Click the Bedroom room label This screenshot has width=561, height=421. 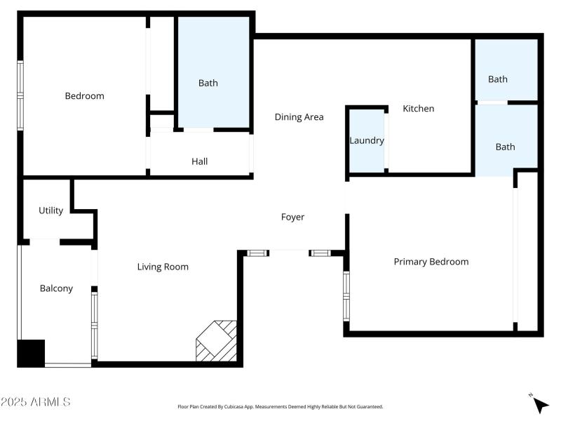(x=84, y=96)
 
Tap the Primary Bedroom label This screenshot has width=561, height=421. (x=431, y=262)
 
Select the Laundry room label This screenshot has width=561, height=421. (x=367, y=140)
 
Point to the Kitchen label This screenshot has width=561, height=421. (x=418, y=109)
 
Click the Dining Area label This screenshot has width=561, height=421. (x=299, y=117)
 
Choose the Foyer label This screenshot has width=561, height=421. (x=292, y=218)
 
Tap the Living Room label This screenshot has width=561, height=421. (x=163, y=267)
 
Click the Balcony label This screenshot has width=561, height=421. (x=56, y=288)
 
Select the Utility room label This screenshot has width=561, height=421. (x=50, y=210)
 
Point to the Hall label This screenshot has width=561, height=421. (x=199, y=161)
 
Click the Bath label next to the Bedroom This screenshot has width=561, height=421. (x=208, y=83)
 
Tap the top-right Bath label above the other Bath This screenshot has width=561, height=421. (x=498, y=79)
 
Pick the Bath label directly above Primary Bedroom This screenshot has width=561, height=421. (x=505, y=147)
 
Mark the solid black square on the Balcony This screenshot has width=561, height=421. (x=31, y=353)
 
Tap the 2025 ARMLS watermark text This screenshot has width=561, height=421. (x=35, y=402)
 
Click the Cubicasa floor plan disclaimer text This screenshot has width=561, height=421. (x=280, y=406)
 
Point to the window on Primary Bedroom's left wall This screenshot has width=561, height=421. (x=346, y=296)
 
